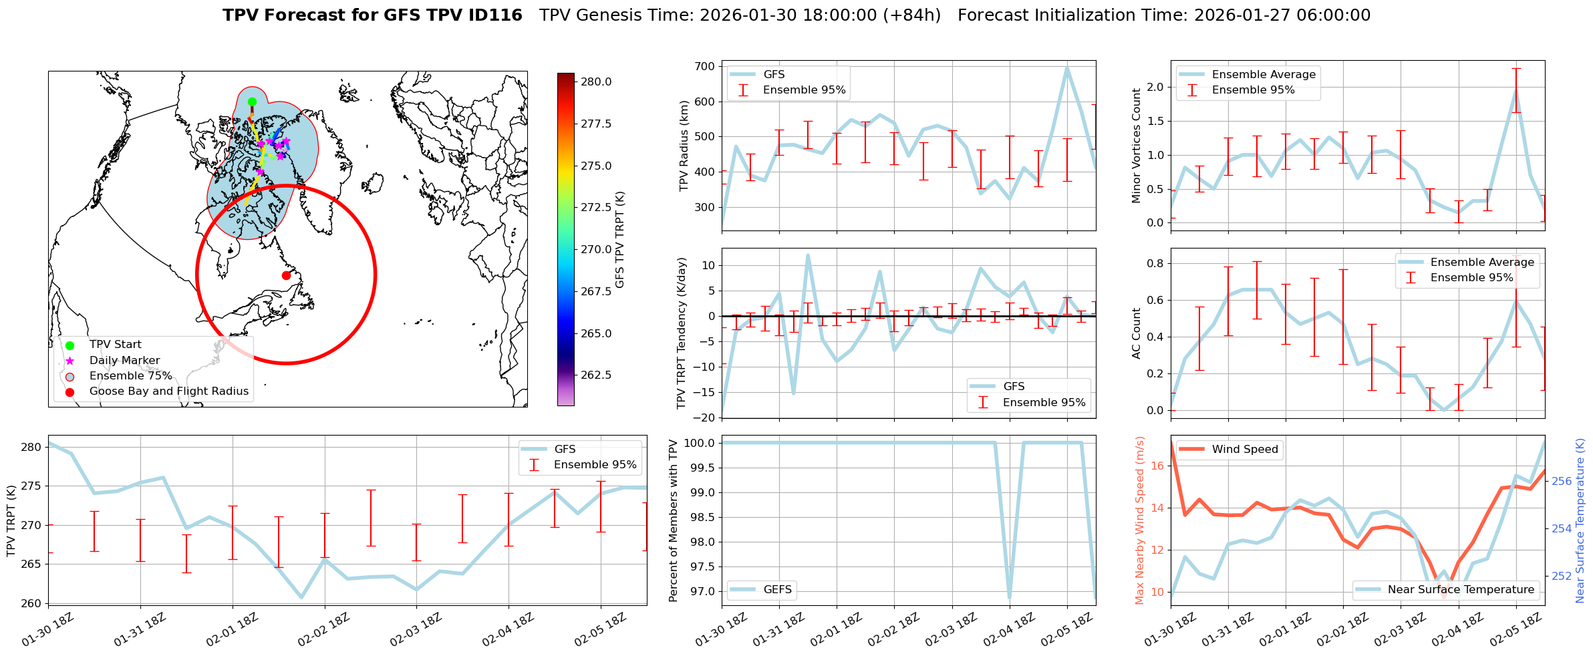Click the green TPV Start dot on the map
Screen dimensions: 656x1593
pos(252,102)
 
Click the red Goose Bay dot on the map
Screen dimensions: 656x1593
pos(286,275)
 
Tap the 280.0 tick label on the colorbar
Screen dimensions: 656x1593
pos(596,82)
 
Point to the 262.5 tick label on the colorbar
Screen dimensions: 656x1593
pos(596,375)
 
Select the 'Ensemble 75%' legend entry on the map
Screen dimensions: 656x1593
pos(130,376)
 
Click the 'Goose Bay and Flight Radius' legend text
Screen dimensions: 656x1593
pos(168,391)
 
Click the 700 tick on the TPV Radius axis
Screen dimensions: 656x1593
pos(705,67)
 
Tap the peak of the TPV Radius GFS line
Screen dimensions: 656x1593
pos(1067,67)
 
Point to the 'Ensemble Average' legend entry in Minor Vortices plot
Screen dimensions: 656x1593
pos(1263,75)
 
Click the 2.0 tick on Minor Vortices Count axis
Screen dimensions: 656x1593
pos(1155,88)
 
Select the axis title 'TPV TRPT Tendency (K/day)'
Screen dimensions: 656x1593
pos(682,333)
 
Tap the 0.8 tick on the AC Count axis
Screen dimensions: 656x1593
pos(1155,264)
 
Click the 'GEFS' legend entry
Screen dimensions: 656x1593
pos(777,590)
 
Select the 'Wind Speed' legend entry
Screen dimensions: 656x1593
pos(1244,450)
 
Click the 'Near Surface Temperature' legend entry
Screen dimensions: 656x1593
pos(1461,590)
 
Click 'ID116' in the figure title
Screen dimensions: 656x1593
pos(494,15)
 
